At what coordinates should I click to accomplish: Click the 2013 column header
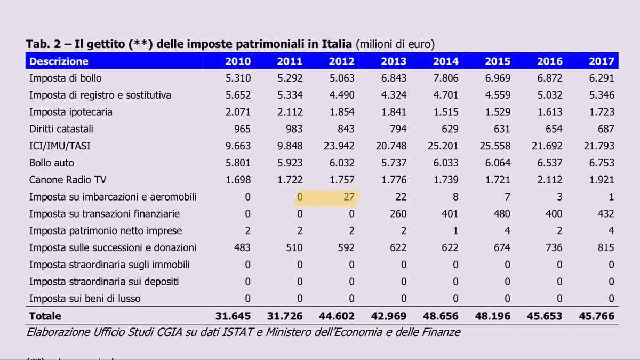pos(393,61)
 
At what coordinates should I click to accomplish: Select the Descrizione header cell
pos(59,61)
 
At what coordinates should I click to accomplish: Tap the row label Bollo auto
pos(52,163)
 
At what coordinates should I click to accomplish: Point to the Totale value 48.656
pos(441,316)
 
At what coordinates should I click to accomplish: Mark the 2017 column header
pos(601,61)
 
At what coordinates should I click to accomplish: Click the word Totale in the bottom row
pos(45,316)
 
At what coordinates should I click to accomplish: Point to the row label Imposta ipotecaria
pos(70,112)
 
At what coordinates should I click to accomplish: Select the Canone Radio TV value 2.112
pos(549,180)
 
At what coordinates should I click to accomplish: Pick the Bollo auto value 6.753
pos(601,163)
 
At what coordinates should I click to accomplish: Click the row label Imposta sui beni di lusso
pos(85,299)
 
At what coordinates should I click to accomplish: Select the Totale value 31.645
pos(233,316)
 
